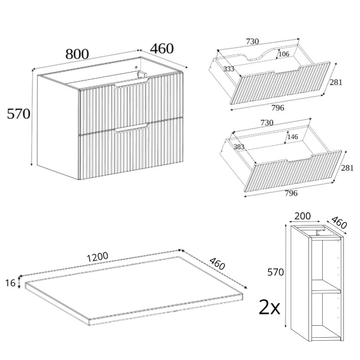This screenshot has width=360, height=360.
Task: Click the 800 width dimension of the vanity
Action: tap(77, 54)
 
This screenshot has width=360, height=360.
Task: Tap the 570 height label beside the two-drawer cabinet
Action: tap(19, 114)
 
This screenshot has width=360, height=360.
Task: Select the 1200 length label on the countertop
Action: tap(97, 257)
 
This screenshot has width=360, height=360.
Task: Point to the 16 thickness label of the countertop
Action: tap(10, 283)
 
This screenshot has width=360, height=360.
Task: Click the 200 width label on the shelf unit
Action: tap(302, 216)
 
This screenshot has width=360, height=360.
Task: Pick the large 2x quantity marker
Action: tap(269, 308)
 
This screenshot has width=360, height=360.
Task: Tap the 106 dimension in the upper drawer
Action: tap(284, 54)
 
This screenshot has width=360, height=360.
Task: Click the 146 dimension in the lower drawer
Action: tap(293, 137)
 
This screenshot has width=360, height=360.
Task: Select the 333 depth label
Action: tap(229, 68)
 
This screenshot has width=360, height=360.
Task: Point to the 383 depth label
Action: tap(239, 147)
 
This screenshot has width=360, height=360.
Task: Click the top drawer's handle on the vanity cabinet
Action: tap(132, 83)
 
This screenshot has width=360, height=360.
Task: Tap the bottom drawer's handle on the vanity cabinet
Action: tap(132, 128)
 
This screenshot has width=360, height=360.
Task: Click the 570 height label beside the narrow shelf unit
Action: tap(275, 272)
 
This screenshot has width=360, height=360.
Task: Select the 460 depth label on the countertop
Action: tap(217, 263)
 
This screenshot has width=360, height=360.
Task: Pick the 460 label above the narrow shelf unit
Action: tap(339, 222)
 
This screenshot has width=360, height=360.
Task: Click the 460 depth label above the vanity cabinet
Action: tap(162, 49)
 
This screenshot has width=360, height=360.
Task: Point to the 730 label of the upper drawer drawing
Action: tap(253, 41)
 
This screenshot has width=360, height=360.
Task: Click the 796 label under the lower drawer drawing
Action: tap(291, 193)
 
